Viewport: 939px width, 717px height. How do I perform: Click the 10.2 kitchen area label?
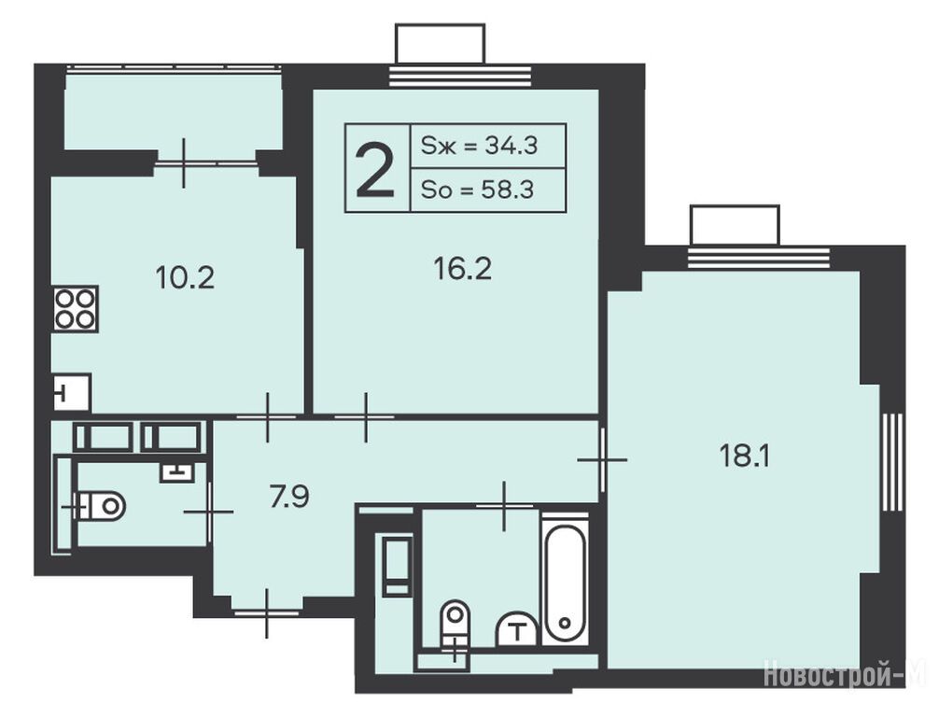(x=185, y=278)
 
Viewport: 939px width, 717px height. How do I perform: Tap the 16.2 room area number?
(x=462, y=269)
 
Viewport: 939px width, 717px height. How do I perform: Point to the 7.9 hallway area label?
(x=289, y=498)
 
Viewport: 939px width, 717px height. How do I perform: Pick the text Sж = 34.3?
(x=480, y=146)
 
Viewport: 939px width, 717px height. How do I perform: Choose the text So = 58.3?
(x=477, y=190)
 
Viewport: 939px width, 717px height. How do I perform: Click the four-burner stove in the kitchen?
(x=76, y=309)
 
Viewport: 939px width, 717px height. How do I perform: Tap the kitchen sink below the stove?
(x=72, y=392)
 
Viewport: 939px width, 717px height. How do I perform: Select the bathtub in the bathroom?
(x=564, y=578)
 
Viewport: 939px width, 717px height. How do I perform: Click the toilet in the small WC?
(x=101, y=506)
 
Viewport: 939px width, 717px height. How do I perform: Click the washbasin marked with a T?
(x=516, y=629)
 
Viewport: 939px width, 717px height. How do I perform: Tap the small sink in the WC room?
(x=176, y=472)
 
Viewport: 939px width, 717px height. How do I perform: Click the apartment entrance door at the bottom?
(x=267, y=612)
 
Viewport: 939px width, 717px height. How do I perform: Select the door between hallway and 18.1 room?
(x=602, y=459)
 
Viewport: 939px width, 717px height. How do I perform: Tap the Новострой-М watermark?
(x=846, y=674)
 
